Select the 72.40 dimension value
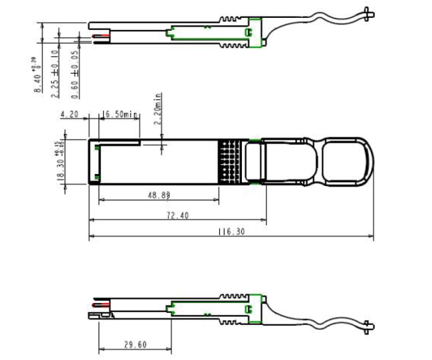(177, 215)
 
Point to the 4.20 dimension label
(70, 114)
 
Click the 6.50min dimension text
(121, 114)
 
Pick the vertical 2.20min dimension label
(158, 108)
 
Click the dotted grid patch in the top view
(228, 159)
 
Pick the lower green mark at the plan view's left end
(97, 175)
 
